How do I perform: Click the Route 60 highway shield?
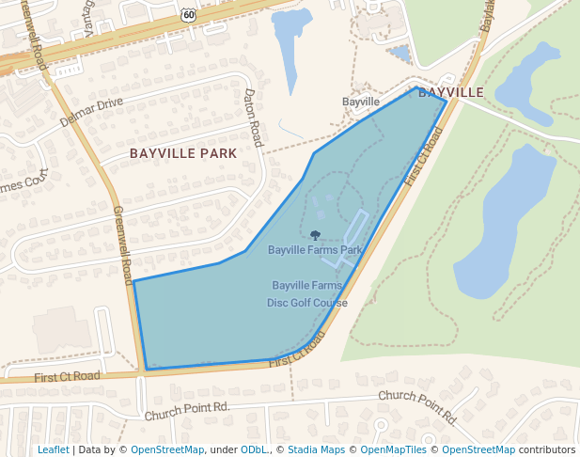click(x=189, y=14)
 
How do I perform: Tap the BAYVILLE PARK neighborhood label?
click(x=183, y=152)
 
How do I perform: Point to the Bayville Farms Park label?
click(x=315, y=250)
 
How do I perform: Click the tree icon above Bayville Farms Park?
click(x=315, y=235)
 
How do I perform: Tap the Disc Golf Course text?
click(x=307, y=303)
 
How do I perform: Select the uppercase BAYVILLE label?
click(x=450, y=92)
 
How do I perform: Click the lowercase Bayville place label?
click(x=361, y=101)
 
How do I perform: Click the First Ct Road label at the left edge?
click(x=67, y=376)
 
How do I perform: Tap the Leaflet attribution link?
click(x=53, y=449)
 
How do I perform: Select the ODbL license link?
click(x=255, y=449)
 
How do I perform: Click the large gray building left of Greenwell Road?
click(x=62, y=328)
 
